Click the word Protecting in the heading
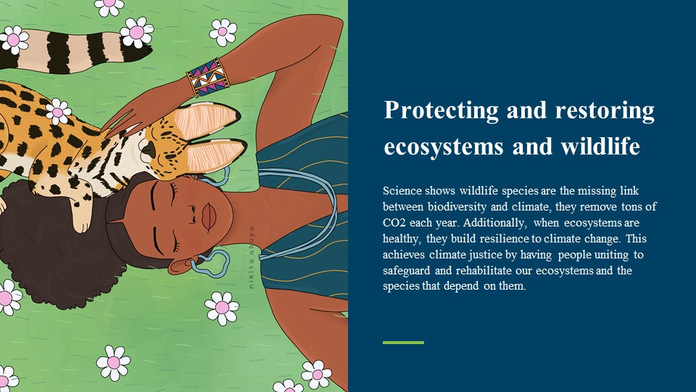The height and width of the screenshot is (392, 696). [442, 111]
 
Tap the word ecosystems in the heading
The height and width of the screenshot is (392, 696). [444, 147]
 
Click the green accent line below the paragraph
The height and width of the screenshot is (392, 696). [403, 343]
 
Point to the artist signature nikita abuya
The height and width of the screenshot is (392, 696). [252, 257]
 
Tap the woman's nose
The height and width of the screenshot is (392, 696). [193, 214]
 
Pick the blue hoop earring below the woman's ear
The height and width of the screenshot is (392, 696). [210, 264]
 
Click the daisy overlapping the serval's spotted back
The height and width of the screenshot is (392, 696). [58, 111]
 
